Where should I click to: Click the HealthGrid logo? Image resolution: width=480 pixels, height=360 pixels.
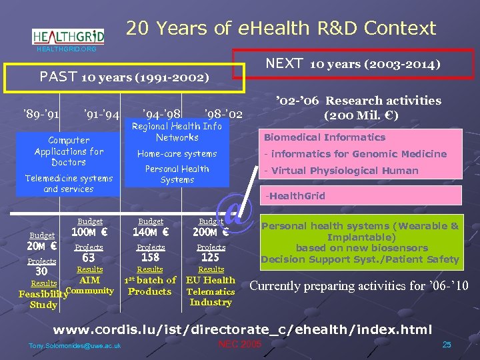(67, 37)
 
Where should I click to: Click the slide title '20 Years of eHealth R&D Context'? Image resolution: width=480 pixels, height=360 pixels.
(281, 28)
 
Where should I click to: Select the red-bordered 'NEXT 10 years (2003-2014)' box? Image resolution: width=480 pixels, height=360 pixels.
(353, 65)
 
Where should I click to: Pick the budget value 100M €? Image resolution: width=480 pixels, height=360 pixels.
(90, 233)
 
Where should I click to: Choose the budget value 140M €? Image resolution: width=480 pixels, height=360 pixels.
(150, 233)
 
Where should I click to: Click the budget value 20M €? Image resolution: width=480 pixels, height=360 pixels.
(41, 246)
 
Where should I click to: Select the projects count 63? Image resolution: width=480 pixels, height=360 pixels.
(89, 258)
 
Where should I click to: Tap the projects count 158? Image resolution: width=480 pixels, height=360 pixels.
(151, 258)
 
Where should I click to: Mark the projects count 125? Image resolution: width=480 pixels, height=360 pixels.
(211, 258)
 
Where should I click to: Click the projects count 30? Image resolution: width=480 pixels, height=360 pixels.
(41, 272)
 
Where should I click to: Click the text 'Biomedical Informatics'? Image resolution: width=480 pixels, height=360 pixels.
(325, 137)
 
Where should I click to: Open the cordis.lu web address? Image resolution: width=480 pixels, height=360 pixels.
(243, 330)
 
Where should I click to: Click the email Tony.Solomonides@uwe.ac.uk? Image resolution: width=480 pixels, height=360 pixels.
(75, 345)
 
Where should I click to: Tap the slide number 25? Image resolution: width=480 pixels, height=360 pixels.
(447, 344)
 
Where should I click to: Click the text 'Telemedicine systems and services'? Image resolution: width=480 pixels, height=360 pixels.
(69, 183)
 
